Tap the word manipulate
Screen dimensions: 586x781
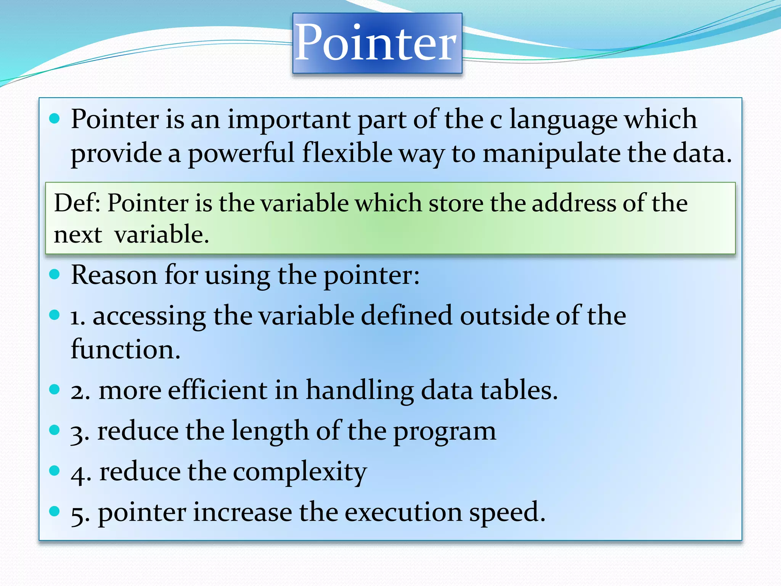[551, 153]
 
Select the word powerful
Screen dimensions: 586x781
[241, 153]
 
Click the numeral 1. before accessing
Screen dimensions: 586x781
[77, 317]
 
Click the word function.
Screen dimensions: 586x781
[125, 349]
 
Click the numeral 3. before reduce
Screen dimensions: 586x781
[80, 432]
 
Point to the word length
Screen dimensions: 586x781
[270, 431]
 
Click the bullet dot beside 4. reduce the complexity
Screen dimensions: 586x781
[55, 470]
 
